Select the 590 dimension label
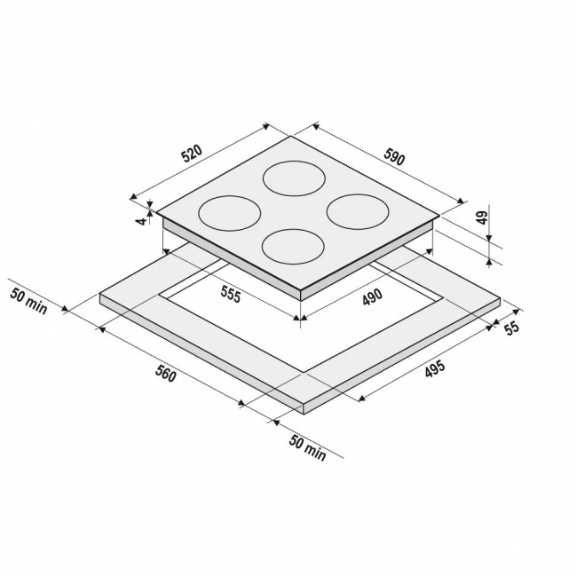click(x=394, y=156)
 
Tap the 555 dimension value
click(x=231, y=295)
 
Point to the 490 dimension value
click(x=373, y=297)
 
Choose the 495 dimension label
click(x=435, y=369)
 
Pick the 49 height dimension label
click(x=482, y=217)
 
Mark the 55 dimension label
click(x=511, y=328)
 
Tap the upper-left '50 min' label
click(x=28, y=302)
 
